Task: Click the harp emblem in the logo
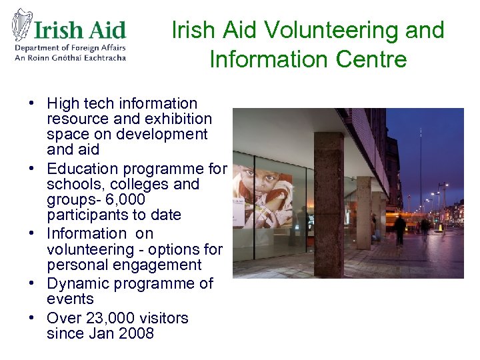tap(23, 25)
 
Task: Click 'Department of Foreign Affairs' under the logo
tap(70, 47)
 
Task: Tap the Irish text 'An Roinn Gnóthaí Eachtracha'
tap(70, 57)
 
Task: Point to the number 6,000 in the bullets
tap(125, 199)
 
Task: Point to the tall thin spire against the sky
tap(421, 160)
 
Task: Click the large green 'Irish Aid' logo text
tap(79, 30)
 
